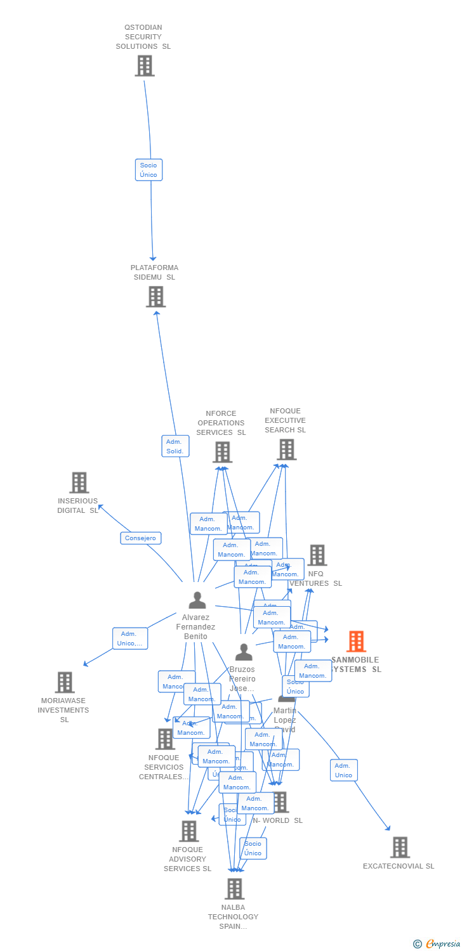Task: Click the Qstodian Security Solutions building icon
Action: [145, 65]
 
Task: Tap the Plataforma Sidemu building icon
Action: [155, 296]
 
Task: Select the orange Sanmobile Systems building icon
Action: [356, 642]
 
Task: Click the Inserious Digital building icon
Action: [79, 482]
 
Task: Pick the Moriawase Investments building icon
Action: [65, 682]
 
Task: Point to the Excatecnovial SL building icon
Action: [400, 847]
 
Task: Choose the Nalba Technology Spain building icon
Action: [234, 888]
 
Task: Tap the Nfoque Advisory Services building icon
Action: [188, 831]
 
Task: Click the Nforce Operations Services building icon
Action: [222, 452]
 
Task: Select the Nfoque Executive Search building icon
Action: [286, 450]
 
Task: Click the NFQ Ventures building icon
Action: [317, 555]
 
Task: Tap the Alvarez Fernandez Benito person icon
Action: [197, 600]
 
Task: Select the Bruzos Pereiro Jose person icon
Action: [244, 652]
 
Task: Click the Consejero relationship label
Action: [141, 538]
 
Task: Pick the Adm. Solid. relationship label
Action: [175, 446]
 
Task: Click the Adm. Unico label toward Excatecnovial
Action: [343, 770]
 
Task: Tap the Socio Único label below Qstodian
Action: [148, 170]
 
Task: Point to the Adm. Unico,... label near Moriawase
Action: [130, 638]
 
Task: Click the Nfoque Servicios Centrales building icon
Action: [165, 739]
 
